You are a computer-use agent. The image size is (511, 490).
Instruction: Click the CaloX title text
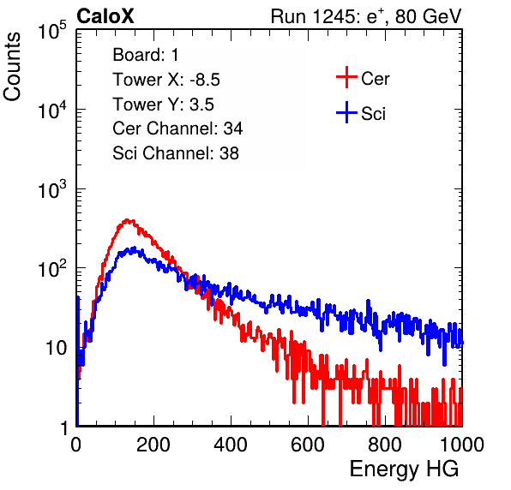[105, 16]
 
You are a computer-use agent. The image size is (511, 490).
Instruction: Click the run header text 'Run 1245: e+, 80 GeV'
[366, 16]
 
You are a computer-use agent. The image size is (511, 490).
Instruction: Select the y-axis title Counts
[12, 67]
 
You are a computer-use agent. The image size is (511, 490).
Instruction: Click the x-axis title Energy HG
[404, 469]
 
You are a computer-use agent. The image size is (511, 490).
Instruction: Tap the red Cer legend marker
[346, 77]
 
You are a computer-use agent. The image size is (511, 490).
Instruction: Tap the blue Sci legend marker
[346, 112]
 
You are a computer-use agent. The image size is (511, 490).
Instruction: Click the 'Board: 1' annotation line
[146, 55]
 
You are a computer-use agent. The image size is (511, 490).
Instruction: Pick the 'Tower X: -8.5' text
[166, 80]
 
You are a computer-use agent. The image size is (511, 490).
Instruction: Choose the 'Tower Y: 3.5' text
[163, 105]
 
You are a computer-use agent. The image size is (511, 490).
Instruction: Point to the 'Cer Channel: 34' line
[177, 128]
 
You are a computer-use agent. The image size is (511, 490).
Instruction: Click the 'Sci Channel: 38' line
[176, 153]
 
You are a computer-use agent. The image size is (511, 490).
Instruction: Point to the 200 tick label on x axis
[153, 445]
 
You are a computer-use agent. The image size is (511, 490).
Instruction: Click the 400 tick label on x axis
[231, 445]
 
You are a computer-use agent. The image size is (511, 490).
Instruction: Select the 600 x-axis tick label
[308, 445]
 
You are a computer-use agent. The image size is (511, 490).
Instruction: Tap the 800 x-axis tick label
[385, 445]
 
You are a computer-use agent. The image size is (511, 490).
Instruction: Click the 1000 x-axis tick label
[462, 445]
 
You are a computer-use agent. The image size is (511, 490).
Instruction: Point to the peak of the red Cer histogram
[128, 220]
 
